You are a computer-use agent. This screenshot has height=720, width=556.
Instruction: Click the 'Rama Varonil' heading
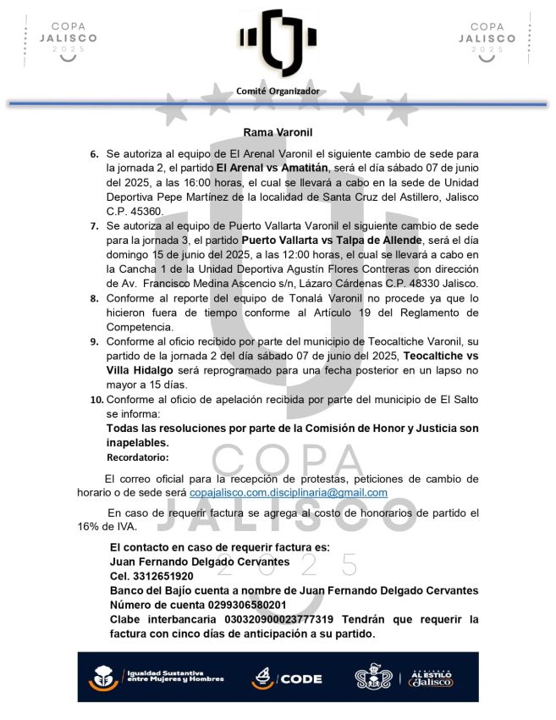[278, 133]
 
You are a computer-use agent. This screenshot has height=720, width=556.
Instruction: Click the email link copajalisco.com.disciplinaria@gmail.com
[288, 492]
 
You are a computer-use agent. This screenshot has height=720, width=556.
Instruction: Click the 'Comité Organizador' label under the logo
[278, 91]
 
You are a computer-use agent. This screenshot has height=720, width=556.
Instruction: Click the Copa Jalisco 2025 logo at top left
[63, 38]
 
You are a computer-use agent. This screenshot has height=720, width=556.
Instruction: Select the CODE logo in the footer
[288, 678]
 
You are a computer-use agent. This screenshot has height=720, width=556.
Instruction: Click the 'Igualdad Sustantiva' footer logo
[157, 678]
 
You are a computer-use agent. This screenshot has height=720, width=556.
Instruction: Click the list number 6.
[94, 155]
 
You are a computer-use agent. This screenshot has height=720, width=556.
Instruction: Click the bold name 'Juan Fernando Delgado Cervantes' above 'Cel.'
[201, 562]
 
